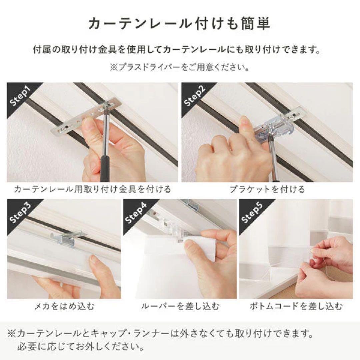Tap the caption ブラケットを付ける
point(267,189)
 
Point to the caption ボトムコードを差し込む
point(296,306)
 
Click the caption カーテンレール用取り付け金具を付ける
point(92,189)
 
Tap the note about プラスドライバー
point(180,68)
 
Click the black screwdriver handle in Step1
point(105,168)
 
